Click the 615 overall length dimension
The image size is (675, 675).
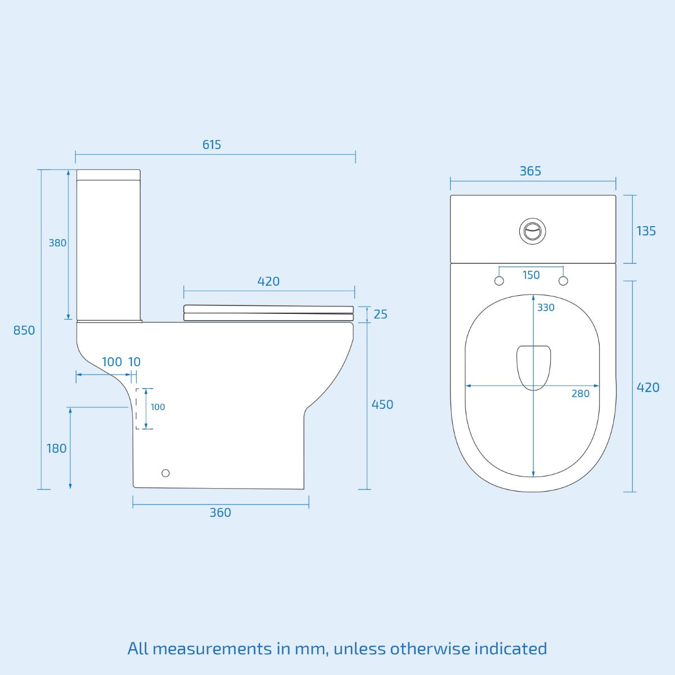coord(211,145)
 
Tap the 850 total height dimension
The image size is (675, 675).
coord(24,330)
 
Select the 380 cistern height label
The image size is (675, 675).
coord(57,243)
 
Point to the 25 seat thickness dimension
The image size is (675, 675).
coord(380,314)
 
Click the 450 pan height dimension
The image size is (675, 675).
coord(382,404)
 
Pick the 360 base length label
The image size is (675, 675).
coord(220,512)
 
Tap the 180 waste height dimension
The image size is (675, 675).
coord(56,448)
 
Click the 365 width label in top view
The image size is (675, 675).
coord(530,171)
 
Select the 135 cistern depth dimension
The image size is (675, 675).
coord(646,231)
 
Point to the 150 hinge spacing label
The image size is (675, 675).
coord(531,275)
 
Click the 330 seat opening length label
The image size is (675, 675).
coord(546,307)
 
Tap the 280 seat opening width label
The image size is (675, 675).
coord(580,394)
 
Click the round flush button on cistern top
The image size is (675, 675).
coord(532,231)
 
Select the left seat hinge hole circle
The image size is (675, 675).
coord(499,281)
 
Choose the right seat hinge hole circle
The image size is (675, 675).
coord(564,281)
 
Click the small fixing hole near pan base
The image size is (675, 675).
coord(165,473)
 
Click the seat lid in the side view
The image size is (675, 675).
coord(268,309)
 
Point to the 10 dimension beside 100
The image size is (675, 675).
coord(134,362)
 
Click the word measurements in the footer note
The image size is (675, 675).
coord(211,649)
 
